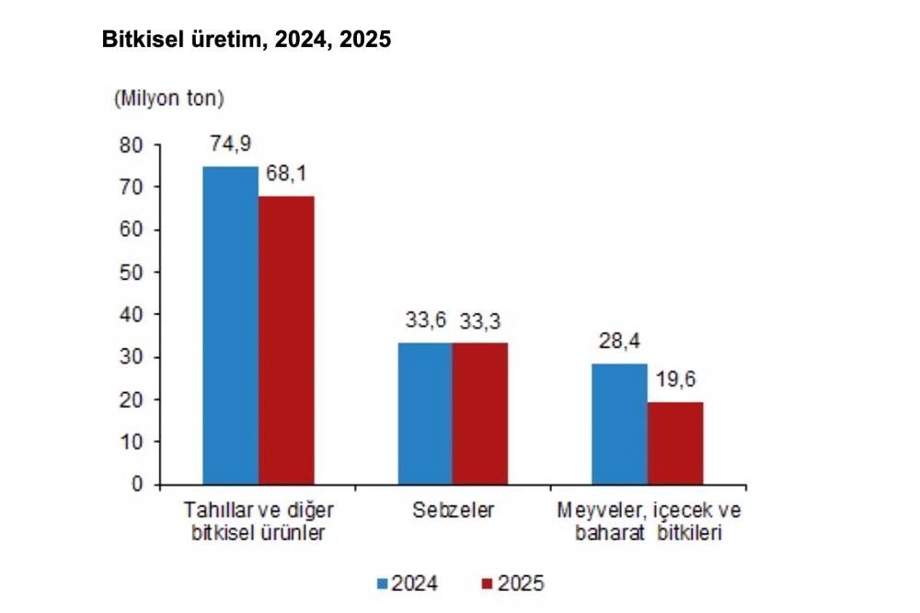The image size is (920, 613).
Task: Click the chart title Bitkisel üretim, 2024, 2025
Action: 247,40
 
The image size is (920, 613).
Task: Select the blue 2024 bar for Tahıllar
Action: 230,325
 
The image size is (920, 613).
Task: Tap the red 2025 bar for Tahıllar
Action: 286,340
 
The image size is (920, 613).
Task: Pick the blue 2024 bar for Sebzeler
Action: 424,413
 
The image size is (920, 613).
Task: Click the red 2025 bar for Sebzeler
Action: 479,413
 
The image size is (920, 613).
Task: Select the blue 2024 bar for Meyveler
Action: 618,424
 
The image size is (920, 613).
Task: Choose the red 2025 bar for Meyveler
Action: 674,443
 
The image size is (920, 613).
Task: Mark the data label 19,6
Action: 674,380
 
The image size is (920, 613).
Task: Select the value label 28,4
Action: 618,342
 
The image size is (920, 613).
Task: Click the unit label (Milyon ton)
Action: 168,98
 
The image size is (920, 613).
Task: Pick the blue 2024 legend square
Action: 383,583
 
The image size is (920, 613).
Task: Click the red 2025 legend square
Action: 489,583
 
